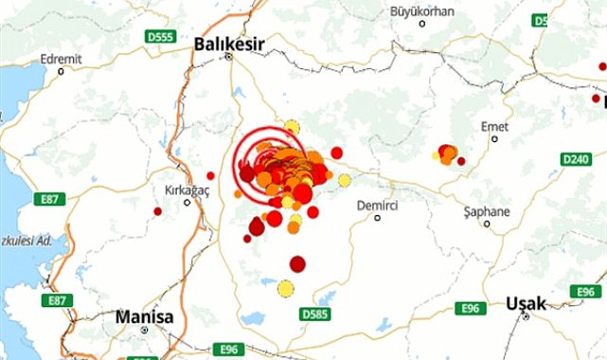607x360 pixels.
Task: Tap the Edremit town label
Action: (x=62, y=59)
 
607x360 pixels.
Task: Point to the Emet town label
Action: (x=494, y=123)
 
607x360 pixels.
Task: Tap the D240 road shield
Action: (x=575, y=159)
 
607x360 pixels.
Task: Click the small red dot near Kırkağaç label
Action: (x=210, y=175)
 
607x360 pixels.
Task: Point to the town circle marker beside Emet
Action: (x=494, y=138)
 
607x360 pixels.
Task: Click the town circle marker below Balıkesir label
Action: (x=228, y=57)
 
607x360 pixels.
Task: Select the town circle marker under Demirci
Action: (x=377, y=218)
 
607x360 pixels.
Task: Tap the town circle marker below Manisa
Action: (x=144, y=331)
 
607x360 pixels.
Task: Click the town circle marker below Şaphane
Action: (x=487, y=225)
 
